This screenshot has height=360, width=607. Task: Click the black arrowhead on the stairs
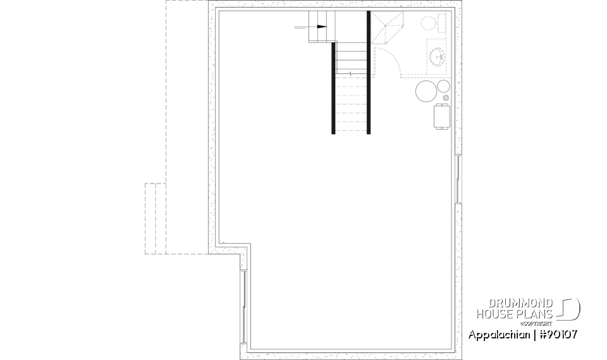pyautogui.click(x=322, y=27)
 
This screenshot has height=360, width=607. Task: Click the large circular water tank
pyautogui.click(x=426, y=92)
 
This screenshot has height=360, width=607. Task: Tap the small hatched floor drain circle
pyautogui.click(x=446, y=98)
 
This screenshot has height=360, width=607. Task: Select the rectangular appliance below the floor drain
pyautogui.click(x=441, y=116)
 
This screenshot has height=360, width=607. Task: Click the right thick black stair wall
pyautogui.click(x=369, y=73)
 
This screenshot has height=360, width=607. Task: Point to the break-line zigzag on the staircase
pyautogui.click(x=350, y=74)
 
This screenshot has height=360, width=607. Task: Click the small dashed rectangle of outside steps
pyautogui.click(x=155, y=218)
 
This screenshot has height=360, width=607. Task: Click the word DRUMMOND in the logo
pyautogui.click(x=522, y=303)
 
